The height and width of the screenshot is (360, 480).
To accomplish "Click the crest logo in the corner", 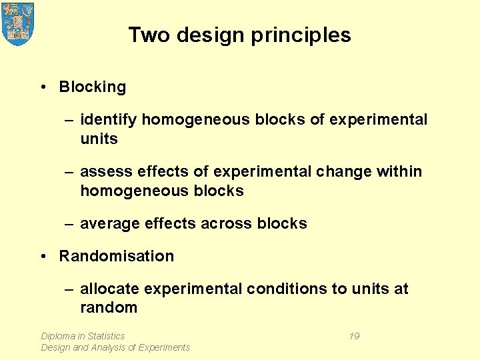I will (x=18, y=23).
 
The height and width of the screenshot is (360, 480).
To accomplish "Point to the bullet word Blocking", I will (x=92, y=87).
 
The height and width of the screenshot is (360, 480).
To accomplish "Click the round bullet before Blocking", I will (x=43, y=87).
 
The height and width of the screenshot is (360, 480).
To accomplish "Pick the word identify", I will (x=108, y=120).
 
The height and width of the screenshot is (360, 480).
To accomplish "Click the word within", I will (x=400, y=172).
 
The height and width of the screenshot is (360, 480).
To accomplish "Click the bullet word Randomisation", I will (x=117, y=256).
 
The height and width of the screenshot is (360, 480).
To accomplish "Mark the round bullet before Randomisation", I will (x=43, y=256).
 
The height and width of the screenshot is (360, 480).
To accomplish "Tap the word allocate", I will (x=109, y=289).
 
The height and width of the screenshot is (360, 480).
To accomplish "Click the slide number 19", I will (x=354, y=336).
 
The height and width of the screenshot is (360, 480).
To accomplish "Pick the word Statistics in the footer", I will (x=105, y=336).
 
